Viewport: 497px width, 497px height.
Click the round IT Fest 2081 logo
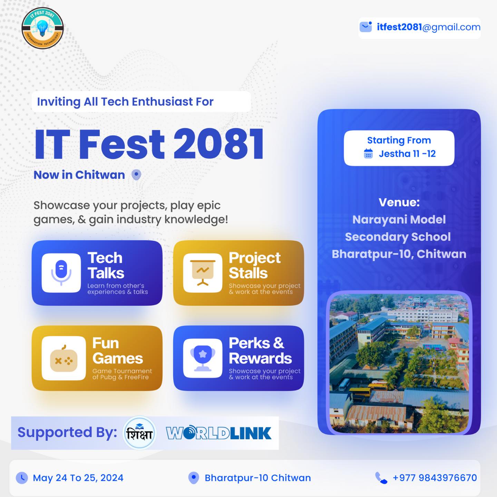pyautogui.click(x=42, y=28)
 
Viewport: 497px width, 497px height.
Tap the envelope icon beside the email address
pyautogui.click(x=366, y=27)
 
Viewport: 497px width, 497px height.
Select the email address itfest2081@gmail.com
pyautogui.click(x=428, y=27)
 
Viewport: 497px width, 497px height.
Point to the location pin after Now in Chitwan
pyautogui.click(x=136, y=175)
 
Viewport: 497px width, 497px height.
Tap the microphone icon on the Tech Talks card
pyautogui.click(x=61, y=273)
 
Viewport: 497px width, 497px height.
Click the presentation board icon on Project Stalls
pyautogui.click(x=203, y=273)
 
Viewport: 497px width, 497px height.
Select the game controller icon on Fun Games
pyautogui.click(x=64, y=359)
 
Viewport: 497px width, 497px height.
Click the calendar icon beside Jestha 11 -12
pyautogui.click(x=368, y=154)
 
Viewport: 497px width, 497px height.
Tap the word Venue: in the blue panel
pyautogui.click(x=399, y=202)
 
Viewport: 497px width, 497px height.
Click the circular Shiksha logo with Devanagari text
pyautogui.click(x=139, y=433)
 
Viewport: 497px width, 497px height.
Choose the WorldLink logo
pyautogui.click(x=219, y=432)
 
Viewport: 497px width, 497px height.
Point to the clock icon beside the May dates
pyautogui.click(x=22, y=478)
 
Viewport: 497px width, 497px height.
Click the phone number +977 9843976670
pyautogui.click(x=435, y=478)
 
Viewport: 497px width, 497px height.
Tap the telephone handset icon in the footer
pyautogui.click(x=381, y=478)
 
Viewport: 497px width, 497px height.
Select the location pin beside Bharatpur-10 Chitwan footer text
pyautogui.click(x=194, y=478)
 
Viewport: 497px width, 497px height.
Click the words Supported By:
pyautogui.click(x=67, y=432)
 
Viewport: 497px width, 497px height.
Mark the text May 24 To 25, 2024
pyautogui.click(x=78, y=478)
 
